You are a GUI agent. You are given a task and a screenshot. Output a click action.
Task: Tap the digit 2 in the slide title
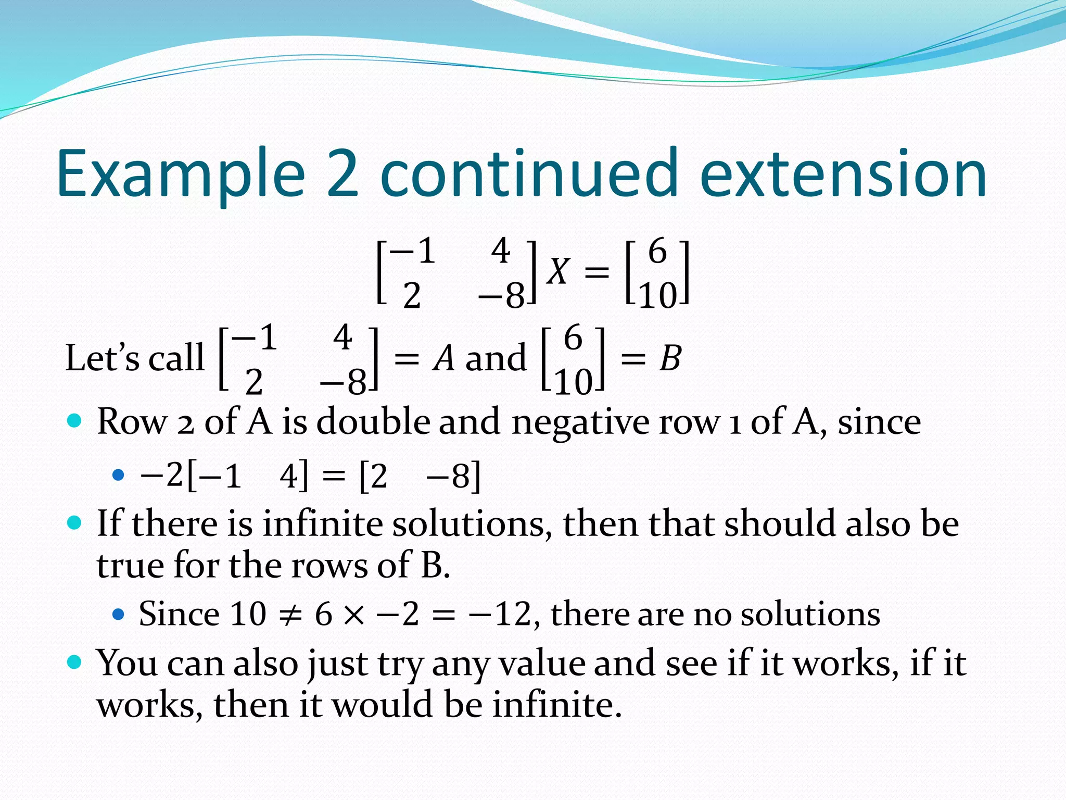click(343, 174)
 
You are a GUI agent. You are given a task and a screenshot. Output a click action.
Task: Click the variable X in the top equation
click(559, 272)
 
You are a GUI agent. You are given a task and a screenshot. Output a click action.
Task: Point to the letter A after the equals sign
click(444, 359)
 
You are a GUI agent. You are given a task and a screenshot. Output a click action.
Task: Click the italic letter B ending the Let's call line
click(670, 359)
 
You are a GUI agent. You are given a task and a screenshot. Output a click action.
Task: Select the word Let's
click(102, 359)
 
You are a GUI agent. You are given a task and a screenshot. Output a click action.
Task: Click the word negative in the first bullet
click(580, 421)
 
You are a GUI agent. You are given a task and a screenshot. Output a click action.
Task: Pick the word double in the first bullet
click(373, 421)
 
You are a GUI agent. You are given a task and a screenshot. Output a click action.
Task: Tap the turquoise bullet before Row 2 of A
click(75, 420)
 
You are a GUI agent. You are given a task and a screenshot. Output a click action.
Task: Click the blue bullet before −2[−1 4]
click(119, 475)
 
